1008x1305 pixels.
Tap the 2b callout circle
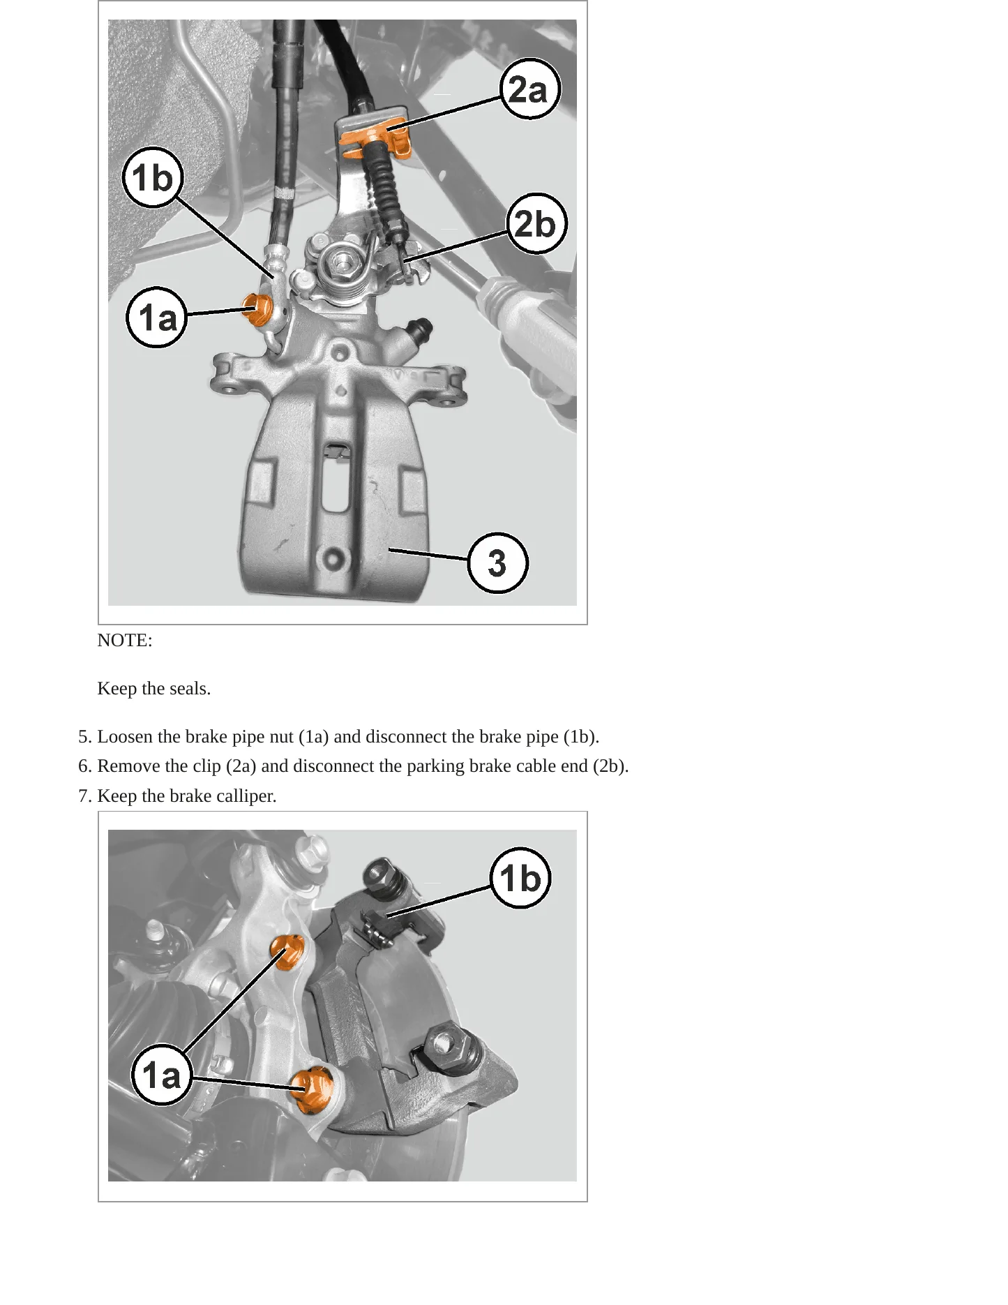coord(536,223)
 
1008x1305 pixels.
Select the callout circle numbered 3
coord(497,562)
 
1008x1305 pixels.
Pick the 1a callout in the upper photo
coord(157,318)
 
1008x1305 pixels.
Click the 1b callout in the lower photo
coord(520,878)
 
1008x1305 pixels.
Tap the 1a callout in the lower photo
coord(162,1074)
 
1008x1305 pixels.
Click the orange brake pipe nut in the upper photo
coord(257,309)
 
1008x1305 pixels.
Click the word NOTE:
coord(125,640)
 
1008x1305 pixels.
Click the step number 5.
coord(85,736)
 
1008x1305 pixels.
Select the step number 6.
coord(85,766)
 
